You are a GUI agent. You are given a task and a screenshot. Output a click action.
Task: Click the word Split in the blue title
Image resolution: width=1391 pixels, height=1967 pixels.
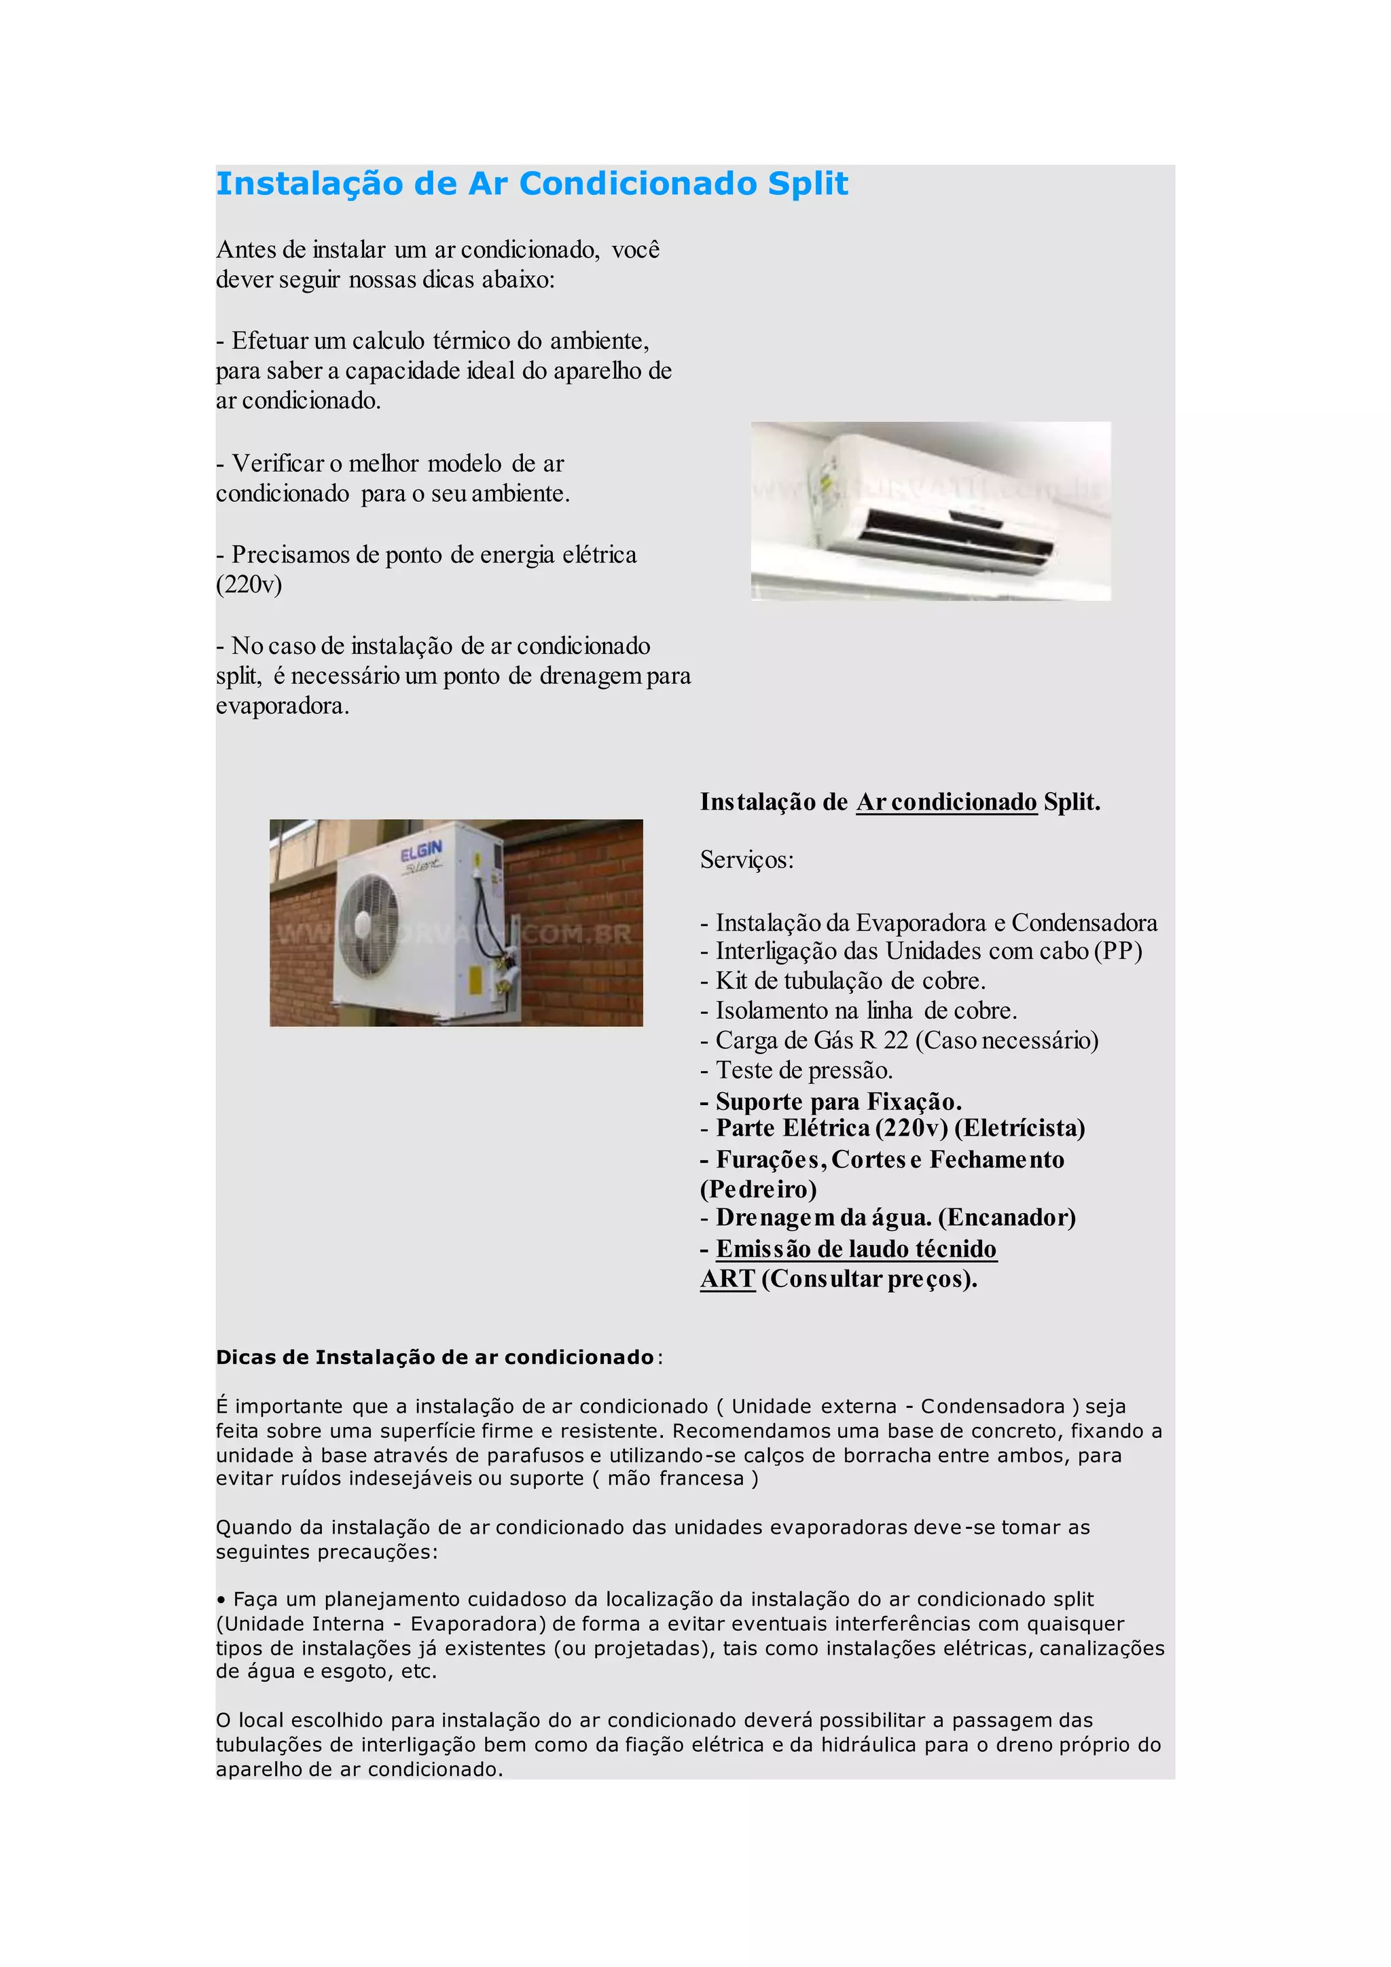point(807,184)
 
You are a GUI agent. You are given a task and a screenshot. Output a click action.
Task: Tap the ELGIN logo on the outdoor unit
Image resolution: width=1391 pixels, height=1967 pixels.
point(421,852)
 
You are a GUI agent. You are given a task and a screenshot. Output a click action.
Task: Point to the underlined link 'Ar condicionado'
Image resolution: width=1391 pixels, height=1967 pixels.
point(946,802)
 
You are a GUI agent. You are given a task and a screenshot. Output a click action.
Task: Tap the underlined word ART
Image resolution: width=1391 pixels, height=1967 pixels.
point(727,1279)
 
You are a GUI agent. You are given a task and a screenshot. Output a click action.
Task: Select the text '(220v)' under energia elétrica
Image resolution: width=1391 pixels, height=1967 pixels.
point(249,584)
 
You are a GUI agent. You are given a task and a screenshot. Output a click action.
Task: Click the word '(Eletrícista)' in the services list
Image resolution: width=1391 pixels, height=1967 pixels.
point(1019,1128)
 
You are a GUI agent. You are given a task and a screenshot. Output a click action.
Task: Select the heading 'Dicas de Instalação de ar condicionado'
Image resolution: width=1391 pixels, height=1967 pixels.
point(435,1358)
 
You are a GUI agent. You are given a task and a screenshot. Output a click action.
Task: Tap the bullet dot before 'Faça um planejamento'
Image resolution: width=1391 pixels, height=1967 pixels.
point(221,1600)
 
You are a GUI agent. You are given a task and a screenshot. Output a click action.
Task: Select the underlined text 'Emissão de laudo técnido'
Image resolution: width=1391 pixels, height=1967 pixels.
point(856,1249)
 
